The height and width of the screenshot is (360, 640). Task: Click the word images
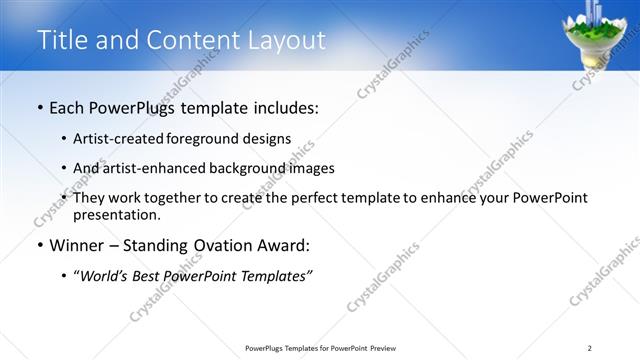coord(310,168)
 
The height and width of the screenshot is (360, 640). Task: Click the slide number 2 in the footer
coord(589,347)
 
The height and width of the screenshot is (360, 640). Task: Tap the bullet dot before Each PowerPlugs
coord(39,107)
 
